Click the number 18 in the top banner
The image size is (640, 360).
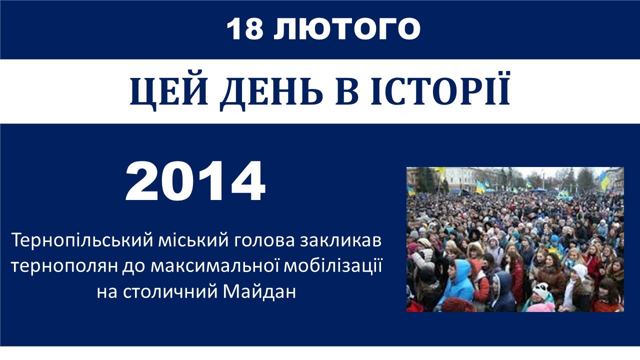[x=245, y=28]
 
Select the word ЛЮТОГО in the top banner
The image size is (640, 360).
[x=347, y=28]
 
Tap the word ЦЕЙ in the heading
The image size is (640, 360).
[x=168, y=91]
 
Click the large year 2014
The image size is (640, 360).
[x=195, y=181]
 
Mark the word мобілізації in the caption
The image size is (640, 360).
[x=333, y=266]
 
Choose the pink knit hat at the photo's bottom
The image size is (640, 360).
[x=541, y=306]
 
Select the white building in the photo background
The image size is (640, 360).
[x=460, y=179]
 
